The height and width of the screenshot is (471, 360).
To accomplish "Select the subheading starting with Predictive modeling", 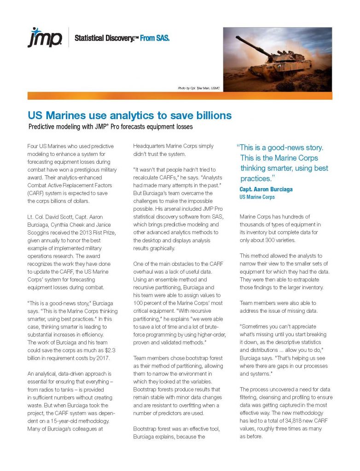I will (x=110, y=126).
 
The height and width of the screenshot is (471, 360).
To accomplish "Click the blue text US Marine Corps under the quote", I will (x=257, y=197).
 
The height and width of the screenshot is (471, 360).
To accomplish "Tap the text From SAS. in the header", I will (x=154, y=38).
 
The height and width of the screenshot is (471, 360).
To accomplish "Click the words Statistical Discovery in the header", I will (x=100, y=38).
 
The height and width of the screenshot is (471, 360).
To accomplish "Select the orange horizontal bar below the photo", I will (x=180, y=96).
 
